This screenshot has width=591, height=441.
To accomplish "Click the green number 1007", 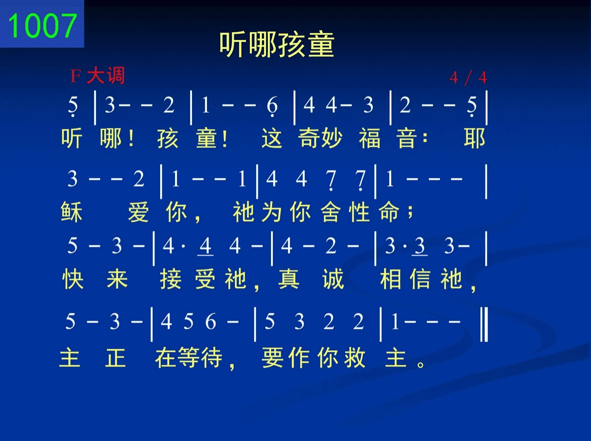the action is coord(42,26).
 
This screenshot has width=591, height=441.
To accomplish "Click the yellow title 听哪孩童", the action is coord(277,45).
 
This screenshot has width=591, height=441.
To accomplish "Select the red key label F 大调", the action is coord(97,76).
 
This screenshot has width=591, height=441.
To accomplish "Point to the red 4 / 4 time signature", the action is coord(468,78).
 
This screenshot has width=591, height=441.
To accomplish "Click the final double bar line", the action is coord(484,325).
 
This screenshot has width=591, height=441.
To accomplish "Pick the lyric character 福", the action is coord(370,138).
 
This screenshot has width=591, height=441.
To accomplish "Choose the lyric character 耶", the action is coord(475,138).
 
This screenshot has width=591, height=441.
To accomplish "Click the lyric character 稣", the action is coord(72,212).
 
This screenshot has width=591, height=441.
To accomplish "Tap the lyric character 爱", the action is coord(138,212).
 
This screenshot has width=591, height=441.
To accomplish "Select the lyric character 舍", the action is coord(331,212).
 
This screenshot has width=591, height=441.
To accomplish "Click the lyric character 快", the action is coord(73,279).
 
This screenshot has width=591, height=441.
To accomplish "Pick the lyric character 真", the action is coord(289,279).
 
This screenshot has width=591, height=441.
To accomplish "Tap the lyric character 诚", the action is coord(333,279).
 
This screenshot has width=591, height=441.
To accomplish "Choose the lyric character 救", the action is coord(355,357).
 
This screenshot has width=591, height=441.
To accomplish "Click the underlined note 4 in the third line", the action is coord(205,246).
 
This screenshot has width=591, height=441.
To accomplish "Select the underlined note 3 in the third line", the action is coord(420,246).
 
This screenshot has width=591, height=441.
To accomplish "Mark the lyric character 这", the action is coord(272,138).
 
